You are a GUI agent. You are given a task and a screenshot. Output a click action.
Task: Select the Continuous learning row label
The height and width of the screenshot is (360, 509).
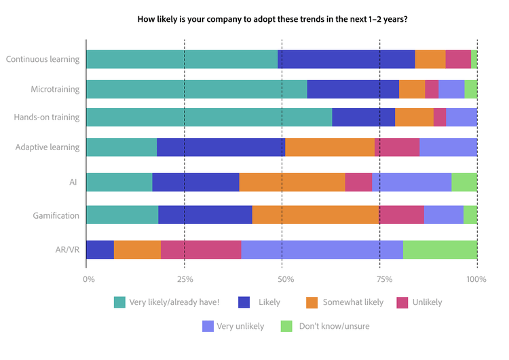point(42,59)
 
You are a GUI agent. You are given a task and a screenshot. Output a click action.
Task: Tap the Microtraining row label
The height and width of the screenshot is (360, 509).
point(55,89)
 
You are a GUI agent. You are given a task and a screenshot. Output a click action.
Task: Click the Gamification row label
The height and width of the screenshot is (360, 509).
point(56,216)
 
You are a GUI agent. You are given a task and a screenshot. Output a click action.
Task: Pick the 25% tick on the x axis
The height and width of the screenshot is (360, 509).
point(185,279)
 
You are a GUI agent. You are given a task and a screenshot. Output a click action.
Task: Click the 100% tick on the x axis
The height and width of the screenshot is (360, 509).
point(476,279)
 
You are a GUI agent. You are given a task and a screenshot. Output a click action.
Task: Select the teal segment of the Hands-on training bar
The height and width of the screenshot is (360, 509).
point(209,118)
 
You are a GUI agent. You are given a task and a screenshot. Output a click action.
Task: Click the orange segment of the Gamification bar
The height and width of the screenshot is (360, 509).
point(316,215)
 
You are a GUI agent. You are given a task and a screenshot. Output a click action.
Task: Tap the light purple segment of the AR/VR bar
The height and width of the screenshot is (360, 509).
point(322,249)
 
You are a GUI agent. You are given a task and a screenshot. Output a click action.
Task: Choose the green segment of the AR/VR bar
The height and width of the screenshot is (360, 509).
point(440,249)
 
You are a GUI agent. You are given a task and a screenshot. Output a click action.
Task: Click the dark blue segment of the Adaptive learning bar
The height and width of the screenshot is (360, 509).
point(221,147)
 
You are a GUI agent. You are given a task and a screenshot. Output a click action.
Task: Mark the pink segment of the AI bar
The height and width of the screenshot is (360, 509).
point(358,182)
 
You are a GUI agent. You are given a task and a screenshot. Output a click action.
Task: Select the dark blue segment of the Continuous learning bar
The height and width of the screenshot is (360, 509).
point(346,59)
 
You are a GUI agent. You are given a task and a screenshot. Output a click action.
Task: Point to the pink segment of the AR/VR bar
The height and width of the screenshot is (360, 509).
point(201,249)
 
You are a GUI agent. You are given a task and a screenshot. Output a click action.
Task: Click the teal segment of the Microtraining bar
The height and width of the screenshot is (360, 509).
point(197,89)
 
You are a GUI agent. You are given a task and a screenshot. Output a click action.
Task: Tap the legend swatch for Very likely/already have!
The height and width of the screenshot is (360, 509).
point(119,302)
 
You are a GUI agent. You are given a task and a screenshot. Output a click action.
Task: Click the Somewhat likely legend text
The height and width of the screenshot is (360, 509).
point(354,302)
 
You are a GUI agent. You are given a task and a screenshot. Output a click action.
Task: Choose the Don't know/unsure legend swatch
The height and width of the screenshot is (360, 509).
point(286,327)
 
